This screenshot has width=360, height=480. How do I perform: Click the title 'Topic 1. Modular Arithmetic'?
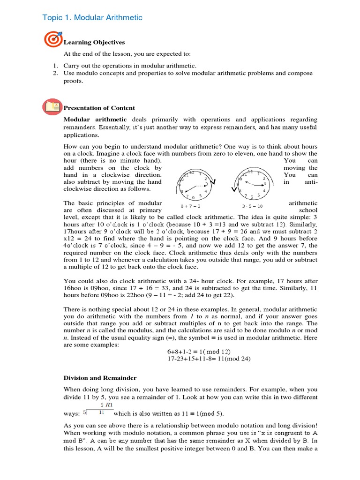click(92, 17)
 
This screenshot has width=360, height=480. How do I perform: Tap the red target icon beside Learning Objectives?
click(51, 40)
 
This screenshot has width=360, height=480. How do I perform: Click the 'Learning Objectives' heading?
click(94, 42)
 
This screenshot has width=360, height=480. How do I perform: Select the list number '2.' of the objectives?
click(55, 73)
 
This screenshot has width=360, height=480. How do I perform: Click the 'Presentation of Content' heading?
click(99, 108)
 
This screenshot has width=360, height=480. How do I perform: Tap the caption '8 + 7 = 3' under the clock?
click(191, 206)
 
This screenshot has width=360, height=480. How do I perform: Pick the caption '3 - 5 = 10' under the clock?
click(252, 206)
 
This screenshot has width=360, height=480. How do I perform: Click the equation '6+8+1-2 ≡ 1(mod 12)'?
click(199, 352)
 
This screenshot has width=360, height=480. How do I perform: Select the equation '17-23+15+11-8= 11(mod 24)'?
click(209, 359)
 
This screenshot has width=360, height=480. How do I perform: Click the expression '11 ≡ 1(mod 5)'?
click(200, 413)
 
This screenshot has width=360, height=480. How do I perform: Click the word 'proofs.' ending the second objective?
click(73, 81)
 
